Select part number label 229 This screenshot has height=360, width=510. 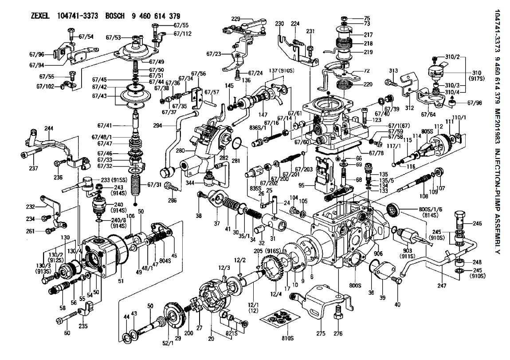coord(235,19)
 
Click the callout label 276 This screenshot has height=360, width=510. coord(338,333)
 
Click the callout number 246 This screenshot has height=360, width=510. coord(477,224)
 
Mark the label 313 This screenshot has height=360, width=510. coord(393,71)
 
